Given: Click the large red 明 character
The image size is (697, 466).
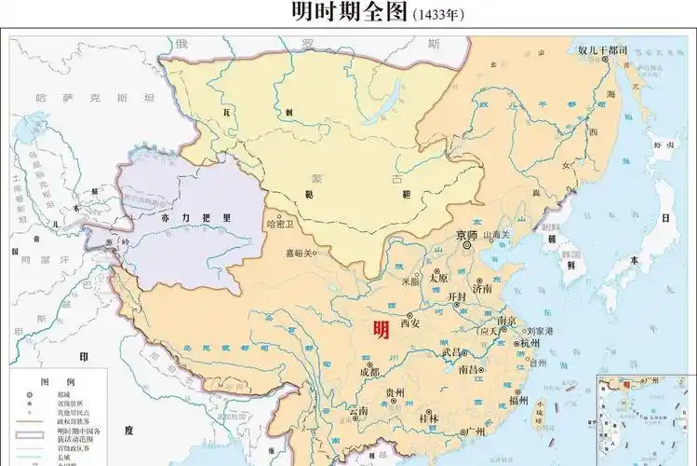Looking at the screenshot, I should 381,329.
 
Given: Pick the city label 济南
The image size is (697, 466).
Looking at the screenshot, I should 482,289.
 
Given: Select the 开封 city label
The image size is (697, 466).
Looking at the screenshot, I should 456,297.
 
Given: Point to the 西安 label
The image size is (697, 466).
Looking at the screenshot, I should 411,324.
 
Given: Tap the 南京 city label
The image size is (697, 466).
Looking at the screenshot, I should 507,320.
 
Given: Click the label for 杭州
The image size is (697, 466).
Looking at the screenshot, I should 529,343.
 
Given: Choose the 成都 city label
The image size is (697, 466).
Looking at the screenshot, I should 369,372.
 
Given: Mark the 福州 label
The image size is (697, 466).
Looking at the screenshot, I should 518,401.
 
